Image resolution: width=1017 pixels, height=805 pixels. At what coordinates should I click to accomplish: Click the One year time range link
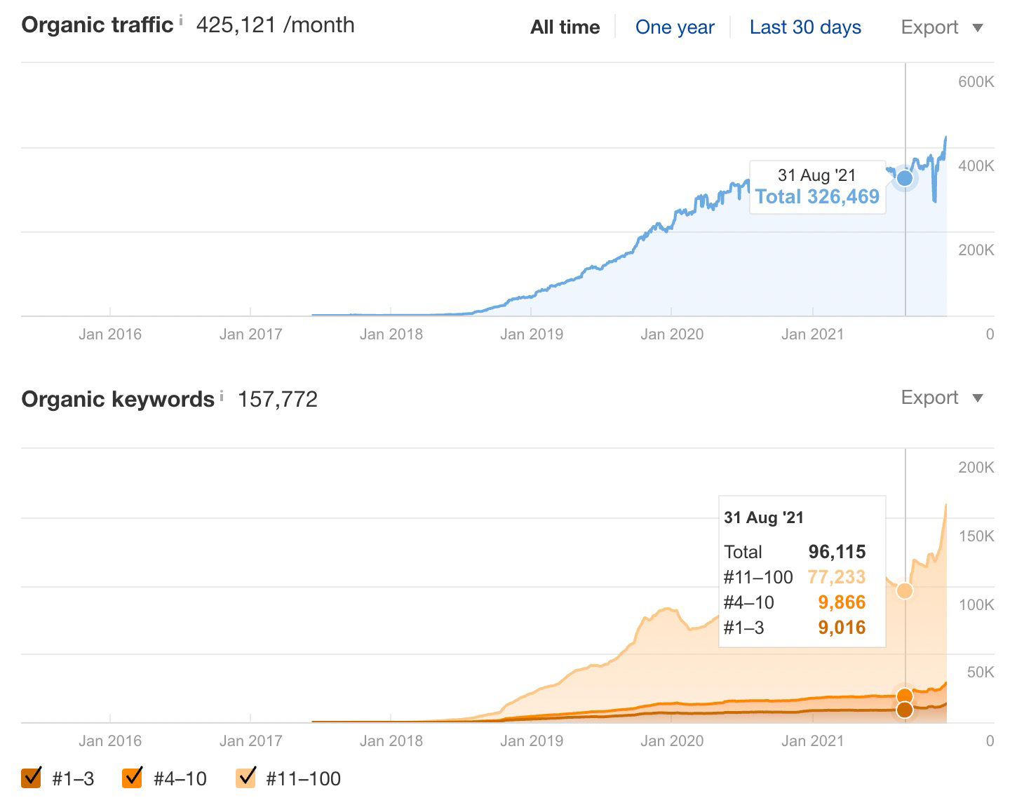pos(674,27)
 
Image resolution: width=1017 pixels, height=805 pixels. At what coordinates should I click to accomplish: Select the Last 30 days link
pos(804,27)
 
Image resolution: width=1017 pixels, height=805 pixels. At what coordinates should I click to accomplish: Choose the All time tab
pos(565,27)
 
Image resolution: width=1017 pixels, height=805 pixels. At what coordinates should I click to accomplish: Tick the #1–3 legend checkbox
pos(32,778)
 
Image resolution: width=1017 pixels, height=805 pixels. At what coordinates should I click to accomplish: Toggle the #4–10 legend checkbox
pos(133,778)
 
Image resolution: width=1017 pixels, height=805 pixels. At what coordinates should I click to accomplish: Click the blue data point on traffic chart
pos(905,178)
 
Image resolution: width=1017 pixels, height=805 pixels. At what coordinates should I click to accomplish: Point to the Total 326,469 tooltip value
pos(817,196)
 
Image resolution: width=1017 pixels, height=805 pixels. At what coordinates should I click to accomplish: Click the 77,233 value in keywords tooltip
pos(836,577)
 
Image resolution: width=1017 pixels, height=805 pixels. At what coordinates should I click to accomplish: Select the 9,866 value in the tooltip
pos(842,602)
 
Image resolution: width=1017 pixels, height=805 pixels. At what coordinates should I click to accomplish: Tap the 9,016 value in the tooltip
pos(842,628)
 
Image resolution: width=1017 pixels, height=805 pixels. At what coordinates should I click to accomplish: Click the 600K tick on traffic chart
pos(976,82)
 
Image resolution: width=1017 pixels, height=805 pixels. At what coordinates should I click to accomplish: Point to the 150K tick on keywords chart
pos(976,536)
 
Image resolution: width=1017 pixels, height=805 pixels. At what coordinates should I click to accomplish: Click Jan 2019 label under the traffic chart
pos(531,334)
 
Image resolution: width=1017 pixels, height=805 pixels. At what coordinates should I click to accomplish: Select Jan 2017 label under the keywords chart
pos(250,741)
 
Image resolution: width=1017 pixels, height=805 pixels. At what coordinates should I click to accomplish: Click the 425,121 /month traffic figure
pos(275,25)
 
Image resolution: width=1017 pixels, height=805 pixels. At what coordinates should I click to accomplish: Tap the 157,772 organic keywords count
pos(278,400)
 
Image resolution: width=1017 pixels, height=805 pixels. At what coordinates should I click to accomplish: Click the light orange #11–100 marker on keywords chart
pos(905,590)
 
